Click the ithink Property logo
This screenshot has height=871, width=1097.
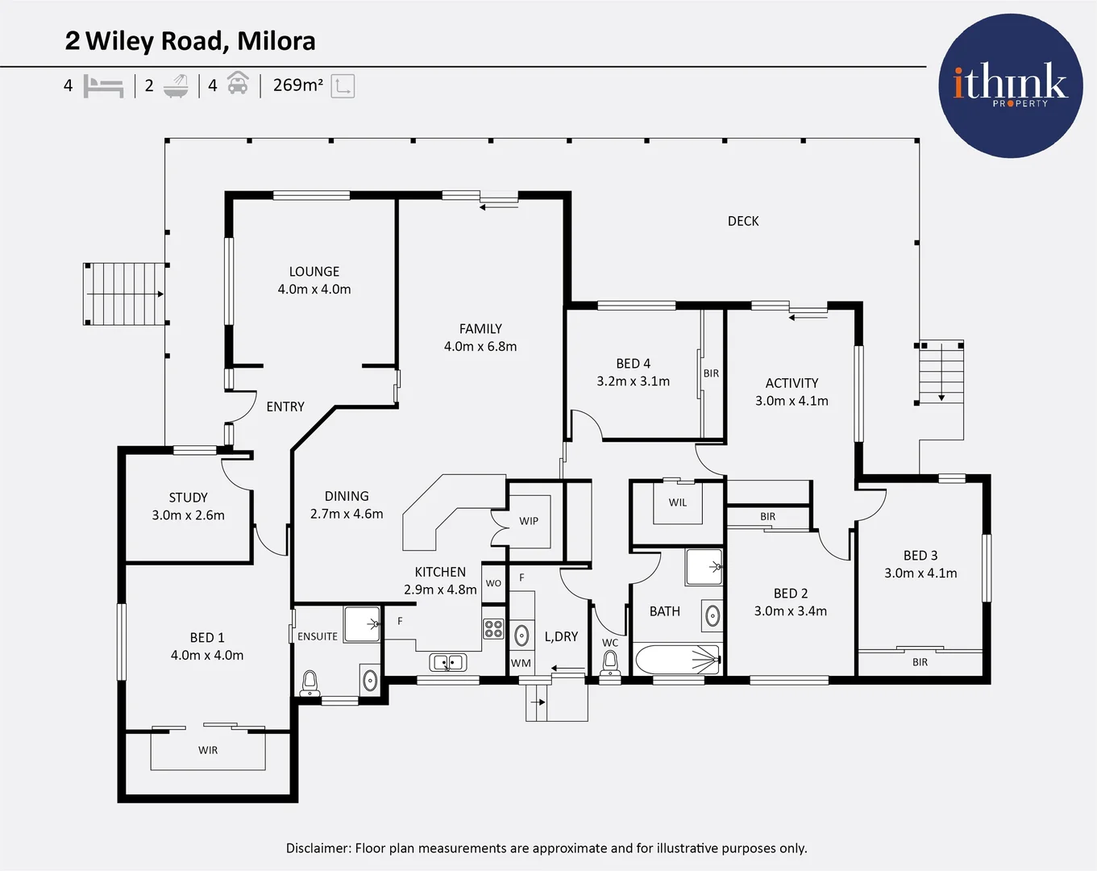tap(1010, 85)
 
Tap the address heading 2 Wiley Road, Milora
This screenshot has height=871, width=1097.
tap(190, 41)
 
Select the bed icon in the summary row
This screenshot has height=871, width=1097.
tap(103, 85)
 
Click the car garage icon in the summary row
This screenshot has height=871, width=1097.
tap(237, 84)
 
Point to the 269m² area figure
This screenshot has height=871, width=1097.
tap(297, 85)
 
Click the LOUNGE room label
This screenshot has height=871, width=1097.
tap(314, 272)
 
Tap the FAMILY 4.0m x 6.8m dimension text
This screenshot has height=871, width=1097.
tap(480, 347)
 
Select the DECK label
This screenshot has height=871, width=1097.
tap(742, 221)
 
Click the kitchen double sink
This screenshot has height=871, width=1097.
tap(447, 663)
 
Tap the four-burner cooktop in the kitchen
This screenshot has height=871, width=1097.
tap(493, 629)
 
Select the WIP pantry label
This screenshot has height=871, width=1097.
tap(529, 521)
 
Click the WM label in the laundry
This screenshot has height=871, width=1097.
tap(521, 663)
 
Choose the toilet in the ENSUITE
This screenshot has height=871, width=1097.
tap(310, 683)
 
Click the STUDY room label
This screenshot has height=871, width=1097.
tap(188, 498)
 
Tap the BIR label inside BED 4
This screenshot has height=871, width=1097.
tap(711, 373)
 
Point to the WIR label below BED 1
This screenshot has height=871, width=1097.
tap(208, 750)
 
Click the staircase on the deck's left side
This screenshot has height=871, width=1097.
tap(125, 294)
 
